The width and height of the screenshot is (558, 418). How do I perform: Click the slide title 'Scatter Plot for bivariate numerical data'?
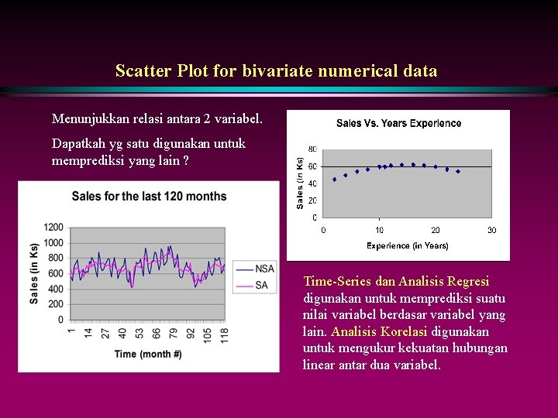pyautogui.click(x=276, y=71)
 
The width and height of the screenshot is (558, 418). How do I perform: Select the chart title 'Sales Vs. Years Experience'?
pyautogui.click(x=398, y=123)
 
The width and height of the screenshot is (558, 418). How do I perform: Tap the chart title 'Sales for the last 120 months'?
pyautogui.click(x=149, y=196)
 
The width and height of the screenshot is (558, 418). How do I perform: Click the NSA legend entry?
pyautogui.click(x=264, y=269)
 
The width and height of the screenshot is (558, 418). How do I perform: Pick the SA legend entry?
pyautogui.click(x=261, y=285)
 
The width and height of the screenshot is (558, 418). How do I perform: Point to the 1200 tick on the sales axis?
pyautogui.click(x=53, y=227)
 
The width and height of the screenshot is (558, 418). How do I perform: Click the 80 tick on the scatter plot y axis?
pyautogui.click(x=312, y=149)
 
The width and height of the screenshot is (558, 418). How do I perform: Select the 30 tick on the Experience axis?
pyautogui.click(x=491, y=230)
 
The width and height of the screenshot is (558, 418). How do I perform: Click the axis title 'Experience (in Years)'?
pyautogui.click(x=407, y=245)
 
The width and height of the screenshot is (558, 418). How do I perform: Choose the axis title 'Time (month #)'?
pyautogui.click(x=148, y=355)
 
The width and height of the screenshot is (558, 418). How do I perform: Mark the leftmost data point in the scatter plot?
pyautogui.click(x=334, y=180)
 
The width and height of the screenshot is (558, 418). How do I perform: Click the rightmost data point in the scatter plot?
pyautogui.click(x=458, y=171)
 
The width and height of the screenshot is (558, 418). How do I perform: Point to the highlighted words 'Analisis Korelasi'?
pyautogui.click(x=379, y=331)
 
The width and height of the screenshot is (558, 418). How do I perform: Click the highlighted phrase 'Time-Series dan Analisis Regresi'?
pyautogui.click(x=396, y=281)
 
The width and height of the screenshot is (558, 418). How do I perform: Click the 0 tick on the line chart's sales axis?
pyautogui.click(x=60, y=320)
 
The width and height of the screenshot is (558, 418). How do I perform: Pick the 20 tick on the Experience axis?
pyautogui.click(x=436, y=230)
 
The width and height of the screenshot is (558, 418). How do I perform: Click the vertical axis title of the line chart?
pyautogui.click(x=34, y=272)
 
